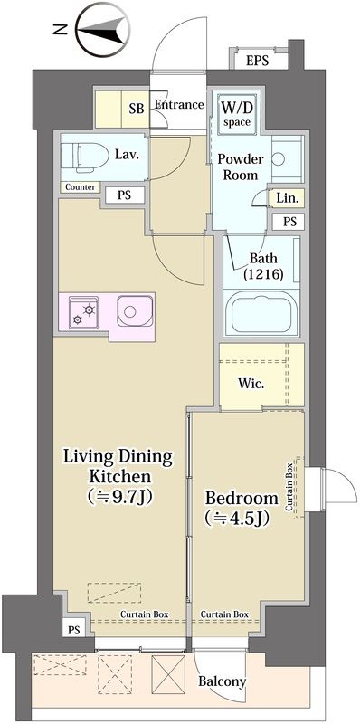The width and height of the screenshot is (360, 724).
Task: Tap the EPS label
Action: [257, 61]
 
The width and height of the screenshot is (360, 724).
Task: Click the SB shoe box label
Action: [137, 109]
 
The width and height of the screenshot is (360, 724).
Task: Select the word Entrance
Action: [179, 105]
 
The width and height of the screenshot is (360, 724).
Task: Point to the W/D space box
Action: [237, 113]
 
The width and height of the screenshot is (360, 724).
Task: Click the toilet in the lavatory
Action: [82, 156]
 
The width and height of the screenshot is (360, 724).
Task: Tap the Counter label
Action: [81, 187]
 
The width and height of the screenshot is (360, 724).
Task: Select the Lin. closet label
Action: [288, 198]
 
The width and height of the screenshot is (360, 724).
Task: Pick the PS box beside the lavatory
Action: [124, 195]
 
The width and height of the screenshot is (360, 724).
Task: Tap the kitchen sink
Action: [134, 311]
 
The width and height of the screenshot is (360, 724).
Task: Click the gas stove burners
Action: [83, 312]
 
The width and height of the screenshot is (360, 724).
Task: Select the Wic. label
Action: [251, 383]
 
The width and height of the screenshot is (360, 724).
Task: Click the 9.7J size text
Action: [120, 496]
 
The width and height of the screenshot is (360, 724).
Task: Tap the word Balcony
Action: [222, 681]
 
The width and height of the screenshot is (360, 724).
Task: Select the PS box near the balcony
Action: [73, 630]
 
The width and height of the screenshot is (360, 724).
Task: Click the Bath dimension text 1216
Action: [263, 274]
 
